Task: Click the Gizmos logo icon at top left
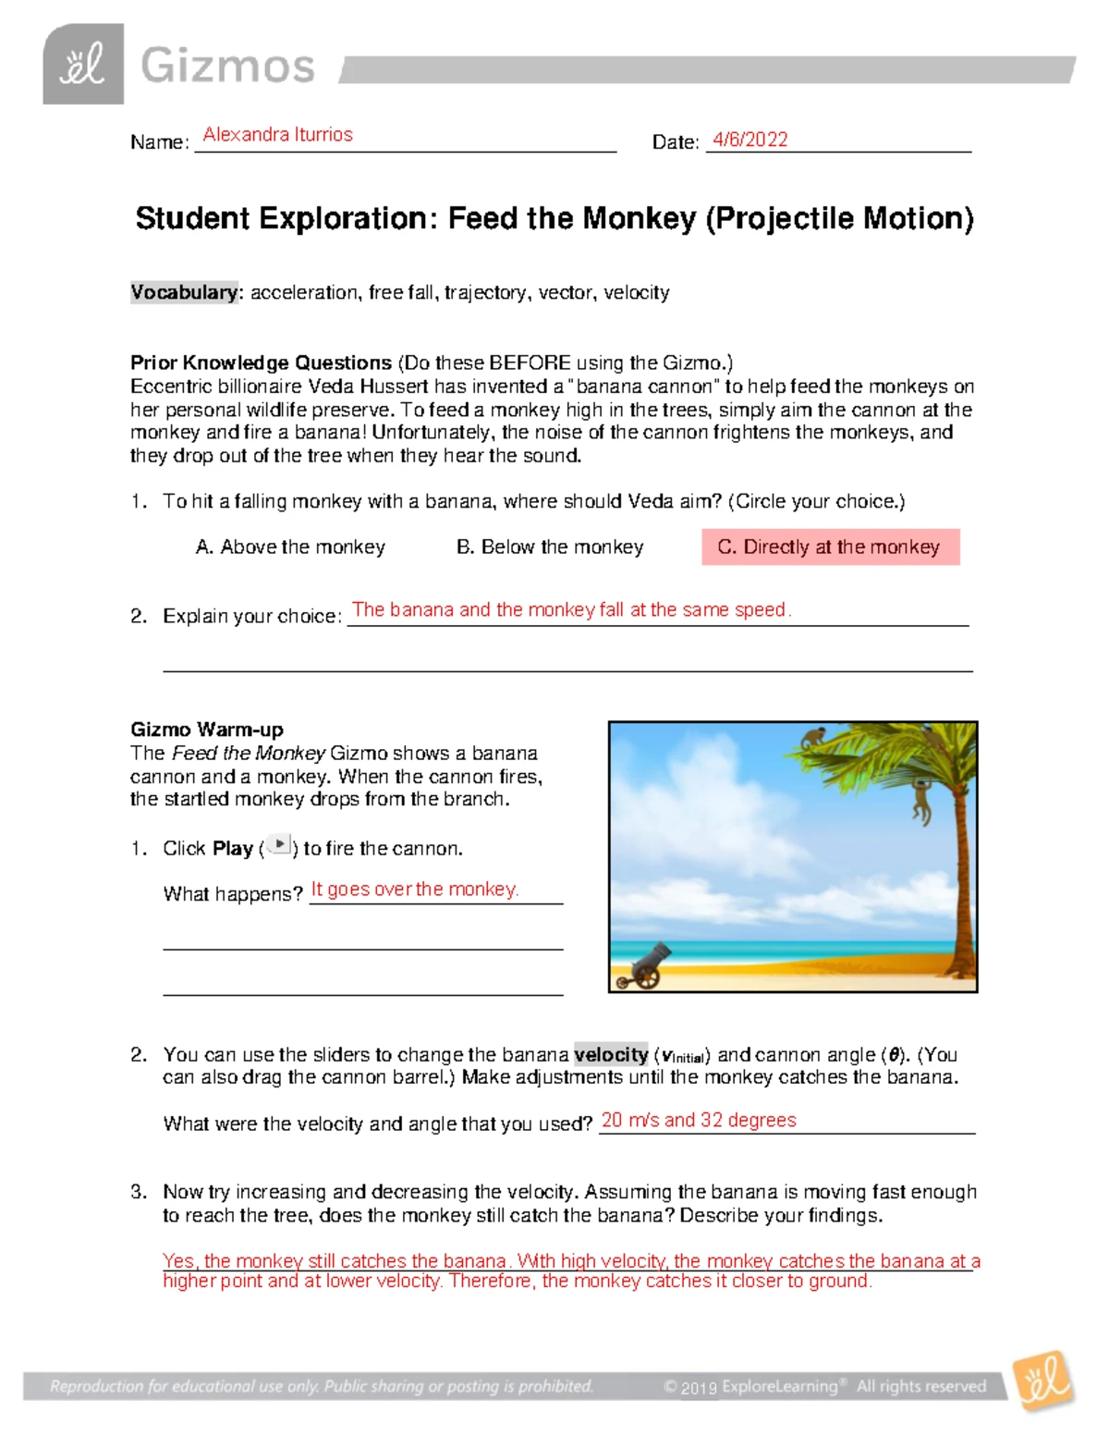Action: pos(83,65)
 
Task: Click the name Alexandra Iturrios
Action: pos(277,135)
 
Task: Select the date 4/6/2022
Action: pos(749,140)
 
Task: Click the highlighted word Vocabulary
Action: pos(184,292)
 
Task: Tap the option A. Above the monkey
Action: pos(290,547)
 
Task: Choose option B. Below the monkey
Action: pos(550,547)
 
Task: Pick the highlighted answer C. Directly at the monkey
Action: pos(829,547)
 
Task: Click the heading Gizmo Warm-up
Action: pos(206,730)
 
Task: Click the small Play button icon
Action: pos(279,845)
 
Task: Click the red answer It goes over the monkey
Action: pos(414,890)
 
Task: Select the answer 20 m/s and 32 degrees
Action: pos(698,1121)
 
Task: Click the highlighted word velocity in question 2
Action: pos(611,1055)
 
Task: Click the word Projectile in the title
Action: pos(784,219)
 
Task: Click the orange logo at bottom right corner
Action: pos(1044,1381)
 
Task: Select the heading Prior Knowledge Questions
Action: pos(261,362)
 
